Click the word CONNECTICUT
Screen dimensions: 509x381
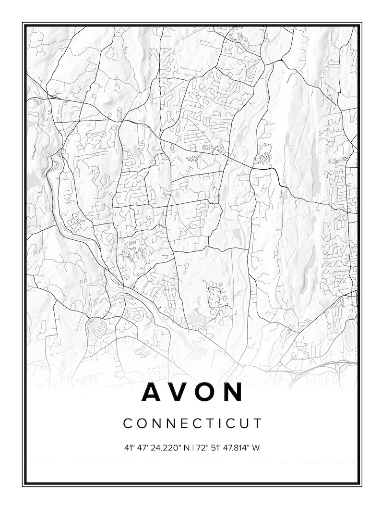[x=193, y=423]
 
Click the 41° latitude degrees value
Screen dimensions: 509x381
[x=129, y=448]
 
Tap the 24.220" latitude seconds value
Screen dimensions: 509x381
[x=165, y=448]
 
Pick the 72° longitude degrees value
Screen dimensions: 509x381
[x=201, y=448]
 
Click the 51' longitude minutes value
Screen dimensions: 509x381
[x=214, y=448]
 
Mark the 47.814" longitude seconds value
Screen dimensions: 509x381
[x=236, y=448]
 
